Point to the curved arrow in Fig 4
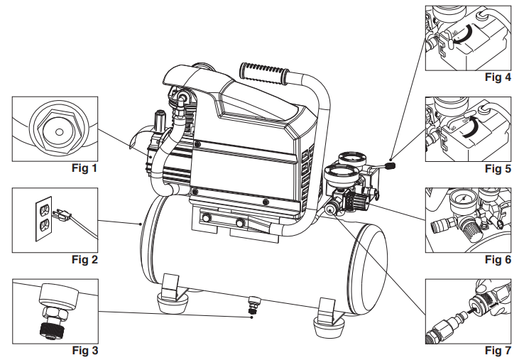pyautogui.click(x=465, y=36)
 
